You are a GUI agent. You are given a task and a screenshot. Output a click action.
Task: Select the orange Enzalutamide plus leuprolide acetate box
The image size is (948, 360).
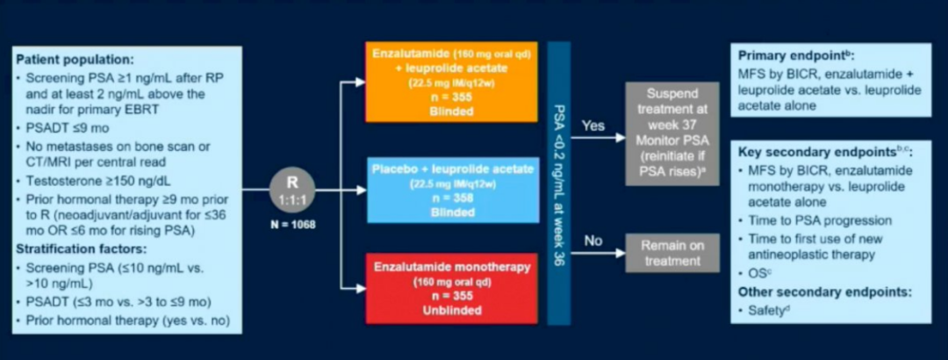452,82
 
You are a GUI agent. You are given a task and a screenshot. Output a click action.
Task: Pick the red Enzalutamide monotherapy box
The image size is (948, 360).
452,289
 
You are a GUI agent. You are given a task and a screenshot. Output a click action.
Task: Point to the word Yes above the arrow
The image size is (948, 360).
594,126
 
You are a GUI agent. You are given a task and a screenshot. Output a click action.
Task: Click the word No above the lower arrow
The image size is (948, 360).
593,240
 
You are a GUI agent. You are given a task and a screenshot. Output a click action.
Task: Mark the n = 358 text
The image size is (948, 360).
451,198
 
